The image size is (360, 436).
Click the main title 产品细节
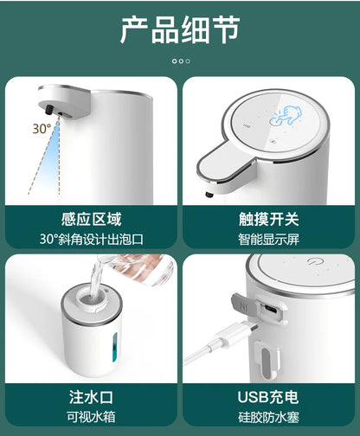coord(180,30)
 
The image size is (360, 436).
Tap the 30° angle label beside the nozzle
coord(42,129)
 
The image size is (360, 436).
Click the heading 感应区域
coord(91,219)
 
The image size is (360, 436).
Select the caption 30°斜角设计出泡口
coord(91,239)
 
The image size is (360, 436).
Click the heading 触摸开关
coord(268,219)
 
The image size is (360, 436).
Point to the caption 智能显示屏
coord(268,240)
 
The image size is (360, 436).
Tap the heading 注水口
coord(91,397)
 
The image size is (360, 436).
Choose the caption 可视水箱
coord(91,417)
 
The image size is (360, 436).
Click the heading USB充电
coord(268,397)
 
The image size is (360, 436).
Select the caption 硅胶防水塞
coord(268,417)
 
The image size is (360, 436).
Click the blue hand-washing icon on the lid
coord(286,116)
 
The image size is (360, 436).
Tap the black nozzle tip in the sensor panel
coord(49,110)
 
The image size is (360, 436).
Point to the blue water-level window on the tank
coord(115,347)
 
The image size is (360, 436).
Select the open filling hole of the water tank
coord(91,298)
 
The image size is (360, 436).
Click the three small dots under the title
coord(181,61)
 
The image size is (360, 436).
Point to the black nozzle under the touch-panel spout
coord(209,195)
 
